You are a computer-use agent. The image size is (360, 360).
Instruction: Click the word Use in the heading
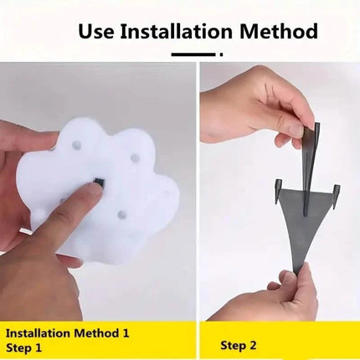pyautogui.click(x=96, y=31)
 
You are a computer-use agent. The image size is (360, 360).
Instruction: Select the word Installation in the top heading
pyautogui.click(x=177, y=31)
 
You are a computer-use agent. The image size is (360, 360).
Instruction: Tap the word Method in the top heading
pyautogui.click(x=279, y=31)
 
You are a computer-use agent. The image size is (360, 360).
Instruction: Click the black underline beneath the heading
pyautogui.click(x=193, y=54)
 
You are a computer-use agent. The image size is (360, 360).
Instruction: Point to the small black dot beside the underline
pyautogui.click(x=221, y=54)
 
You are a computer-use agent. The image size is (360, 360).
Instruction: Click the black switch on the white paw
pyautogui.click(x=99, y=182)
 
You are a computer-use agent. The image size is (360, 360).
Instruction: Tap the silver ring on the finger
pyautogui.click(x=25, y=231)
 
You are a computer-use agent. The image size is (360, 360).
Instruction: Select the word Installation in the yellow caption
pyautogui.click(x=38, y=333)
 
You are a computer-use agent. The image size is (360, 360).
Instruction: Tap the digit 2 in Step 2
pyautogui.click(x=252, y=346)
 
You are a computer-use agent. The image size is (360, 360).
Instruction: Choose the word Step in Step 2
pyautogui.click(x=232, y=347)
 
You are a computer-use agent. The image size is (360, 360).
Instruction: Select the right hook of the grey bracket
pyautogui.click(x=337, y=196)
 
